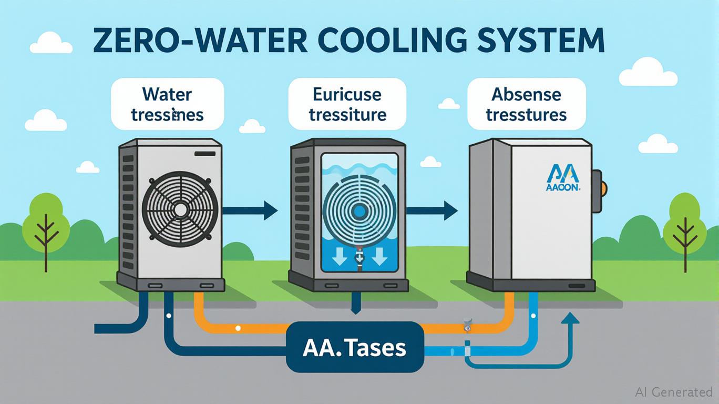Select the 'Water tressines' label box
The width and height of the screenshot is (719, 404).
click(x=168, y=104)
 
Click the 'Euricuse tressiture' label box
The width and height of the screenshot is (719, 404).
click(x=348, y=104)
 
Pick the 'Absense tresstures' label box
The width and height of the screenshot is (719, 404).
click(x=526, y=104)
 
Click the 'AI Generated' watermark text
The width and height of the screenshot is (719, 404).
click(x=673, y=392)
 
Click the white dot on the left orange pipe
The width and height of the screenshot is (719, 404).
click(x=238, y=328)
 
